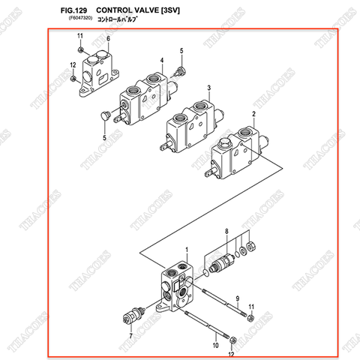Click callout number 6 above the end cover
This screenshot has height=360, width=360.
(108, 38)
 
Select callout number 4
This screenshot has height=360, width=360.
(160, 60)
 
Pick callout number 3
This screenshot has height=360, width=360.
(208, 87)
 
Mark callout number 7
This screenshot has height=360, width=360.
(130, 337)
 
